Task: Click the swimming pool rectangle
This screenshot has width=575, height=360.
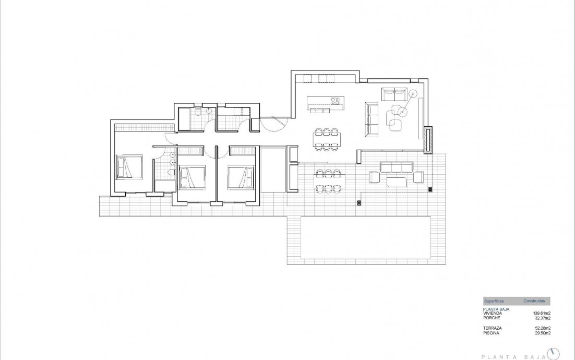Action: [366, 237]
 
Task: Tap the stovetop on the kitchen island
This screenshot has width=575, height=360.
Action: [336, 101]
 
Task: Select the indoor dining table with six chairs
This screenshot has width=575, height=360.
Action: [327, 139]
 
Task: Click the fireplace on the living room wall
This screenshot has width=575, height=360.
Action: [428, 140]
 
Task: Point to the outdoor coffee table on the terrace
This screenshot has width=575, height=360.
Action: [397, 181]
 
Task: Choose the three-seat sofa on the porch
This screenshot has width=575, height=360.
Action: [397, 166]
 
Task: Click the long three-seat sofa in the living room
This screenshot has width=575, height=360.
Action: [371, 121]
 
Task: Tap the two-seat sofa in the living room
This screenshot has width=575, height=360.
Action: [394, 94]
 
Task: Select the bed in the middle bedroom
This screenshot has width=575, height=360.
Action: [191, 176]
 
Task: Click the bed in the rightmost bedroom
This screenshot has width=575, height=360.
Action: [241, 176]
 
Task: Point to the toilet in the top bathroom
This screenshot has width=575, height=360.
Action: [199, 113]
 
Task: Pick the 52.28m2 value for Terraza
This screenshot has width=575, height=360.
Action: [541, 328]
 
